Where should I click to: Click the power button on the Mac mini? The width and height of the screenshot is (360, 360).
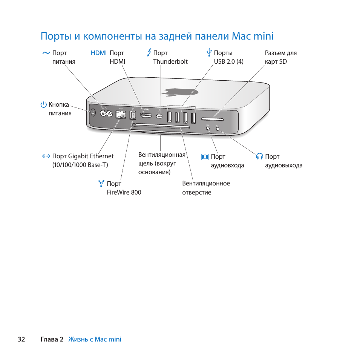[93, 112]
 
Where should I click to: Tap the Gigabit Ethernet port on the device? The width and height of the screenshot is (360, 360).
[121, 115]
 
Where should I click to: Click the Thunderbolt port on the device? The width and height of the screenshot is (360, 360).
[160, 116]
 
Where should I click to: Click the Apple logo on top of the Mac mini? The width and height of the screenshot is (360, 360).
[180, 92]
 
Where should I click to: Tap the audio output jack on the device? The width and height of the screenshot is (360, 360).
[218, 128]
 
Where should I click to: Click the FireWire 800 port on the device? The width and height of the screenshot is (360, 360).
[133, 115]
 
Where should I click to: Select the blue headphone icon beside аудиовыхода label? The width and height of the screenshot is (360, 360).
[259, 156]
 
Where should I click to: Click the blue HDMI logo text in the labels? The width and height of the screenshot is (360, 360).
[99, 53]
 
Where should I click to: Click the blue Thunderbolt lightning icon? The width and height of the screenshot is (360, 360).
[149, 52]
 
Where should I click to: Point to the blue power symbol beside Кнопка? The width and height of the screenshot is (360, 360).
[44, 105]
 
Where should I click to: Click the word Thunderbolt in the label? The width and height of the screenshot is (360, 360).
[170, 61]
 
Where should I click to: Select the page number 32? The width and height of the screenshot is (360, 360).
[21, 339]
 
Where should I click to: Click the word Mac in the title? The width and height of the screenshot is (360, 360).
[240, 36]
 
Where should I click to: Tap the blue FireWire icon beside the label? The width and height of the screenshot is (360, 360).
[101, 184]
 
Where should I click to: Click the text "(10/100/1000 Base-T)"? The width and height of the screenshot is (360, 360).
[80, 165]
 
